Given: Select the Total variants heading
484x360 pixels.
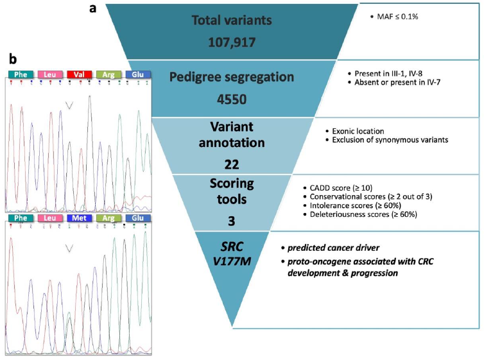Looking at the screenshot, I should [x=232, y=21].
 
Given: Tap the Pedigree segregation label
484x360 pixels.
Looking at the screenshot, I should [x=233, y=77].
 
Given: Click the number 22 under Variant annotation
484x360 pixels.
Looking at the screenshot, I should [x=232, y=164].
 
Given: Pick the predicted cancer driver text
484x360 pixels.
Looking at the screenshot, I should [x=331, y=246].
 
